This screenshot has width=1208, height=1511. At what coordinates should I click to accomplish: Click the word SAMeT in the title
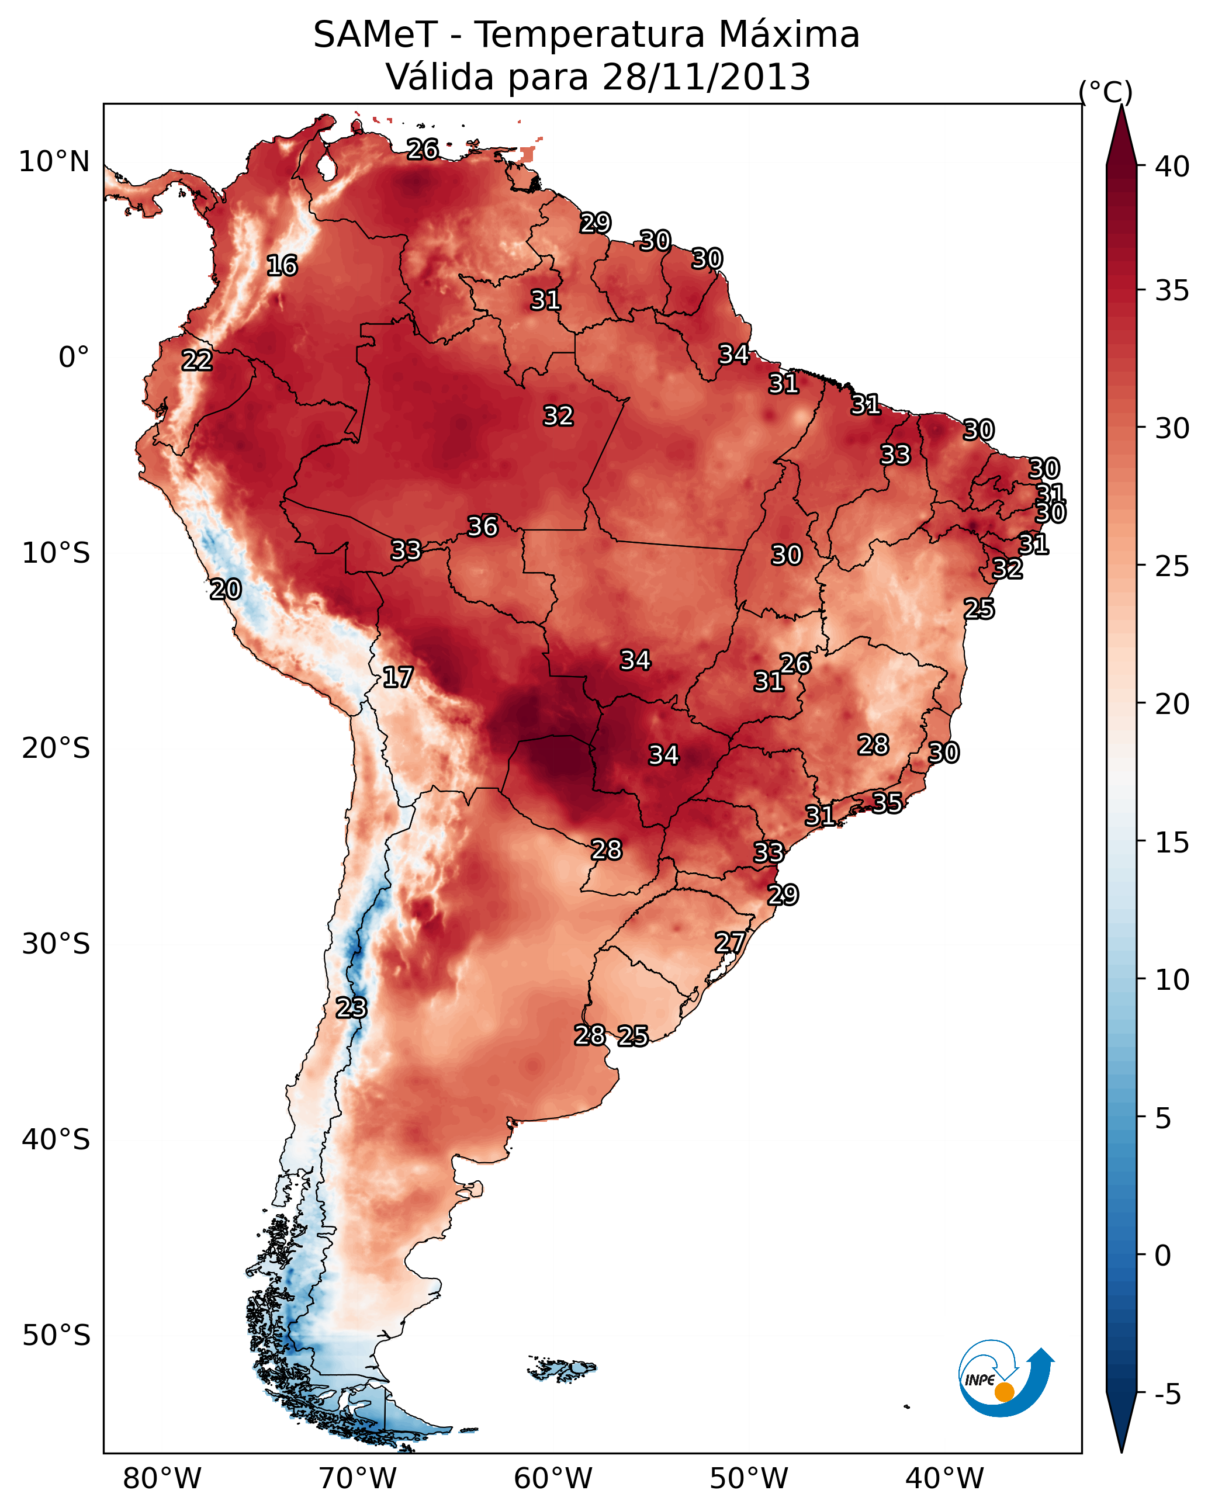click(x=375, y=35)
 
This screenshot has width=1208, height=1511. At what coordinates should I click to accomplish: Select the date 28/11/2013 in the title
click(x=706, y=77)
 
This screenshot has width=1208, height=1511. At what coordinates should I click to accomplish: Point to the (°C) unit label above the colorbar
click(x=1106, y=91)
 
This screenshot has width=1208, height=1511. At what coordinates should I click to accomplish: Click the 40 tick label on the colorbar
click(x=1172, y=167)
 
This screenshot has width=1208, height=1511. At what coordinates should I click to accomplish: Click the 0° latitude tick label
click(x=74, y=358)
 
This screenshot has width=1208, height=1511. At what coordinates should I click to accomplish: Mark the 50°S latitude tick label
click(x=56, y=1336)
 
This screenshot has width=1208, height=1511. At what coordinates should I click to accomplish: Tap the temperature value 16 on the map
click(x=282, y=266)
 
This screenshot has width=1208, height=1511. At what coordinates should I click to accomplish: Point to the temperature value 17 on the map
click(x=397, y=677)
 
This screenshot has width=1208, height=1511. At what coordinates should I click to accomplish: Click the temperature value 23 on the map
click(x=351, y=1008)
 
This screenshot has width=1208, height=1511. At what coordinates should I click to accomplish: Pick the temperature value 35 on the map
click(x=887, y=802)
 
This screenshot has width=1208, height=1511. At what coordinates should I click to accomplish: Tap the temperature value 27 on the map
click(x=730, y=942)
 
